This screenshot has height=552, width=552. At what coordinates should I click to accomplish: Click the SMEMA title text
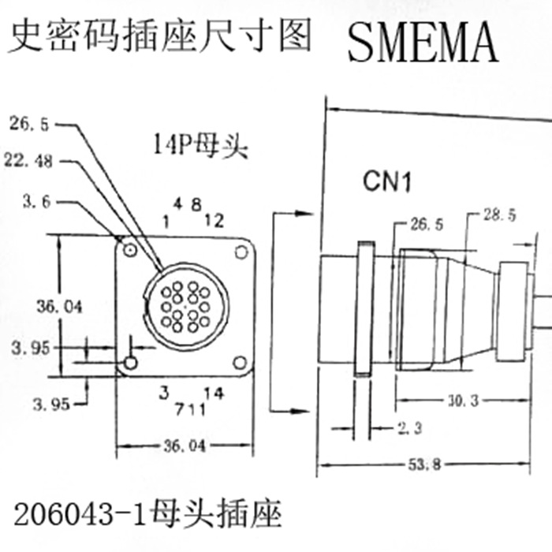(x=423, y=42)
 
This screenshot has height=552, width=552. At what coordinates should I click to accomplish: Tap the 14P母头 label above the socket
(x=200, y=146)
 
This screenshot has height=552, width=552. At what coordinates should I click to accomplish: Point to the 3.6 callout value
(x=37, y=203)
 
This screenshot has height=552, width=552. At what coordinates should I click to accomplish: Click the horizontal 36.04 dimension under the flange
(x=184, y=446)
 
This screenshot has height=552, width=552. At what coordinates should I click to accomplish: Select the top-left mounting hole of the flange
(x=130, y=251)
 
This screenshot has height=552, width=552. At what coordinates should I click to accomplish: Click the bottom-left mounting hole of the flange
(x=130, y=363)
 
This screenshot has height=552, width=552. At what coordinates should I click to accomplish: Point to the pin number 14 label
(x=213, y=392)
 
